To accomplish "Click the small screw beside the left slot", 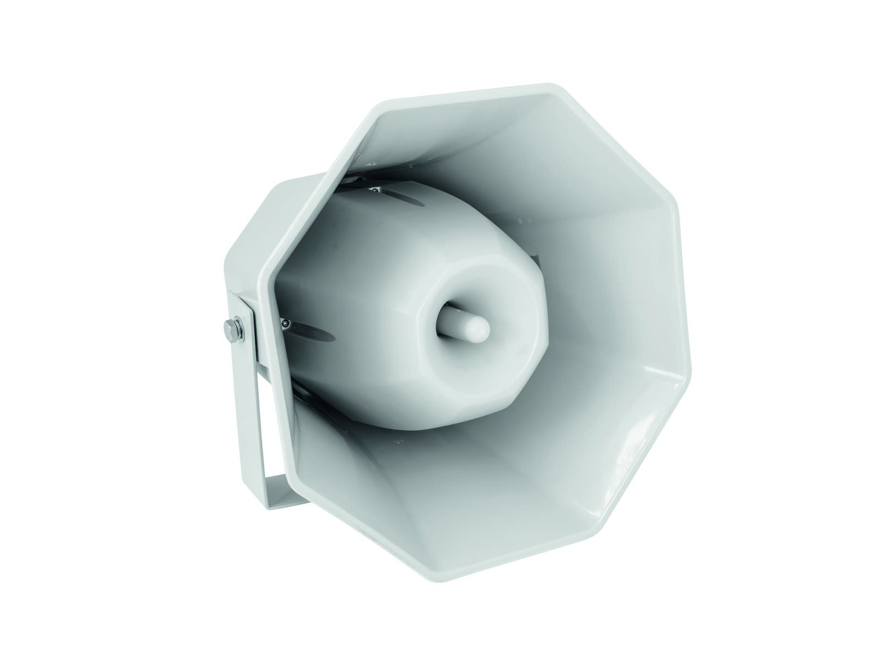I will pos(286,324).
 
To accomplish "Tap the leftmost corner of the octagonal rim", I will pos(268,275).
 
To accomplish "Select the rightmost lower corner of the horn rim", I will pos(688,380).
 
